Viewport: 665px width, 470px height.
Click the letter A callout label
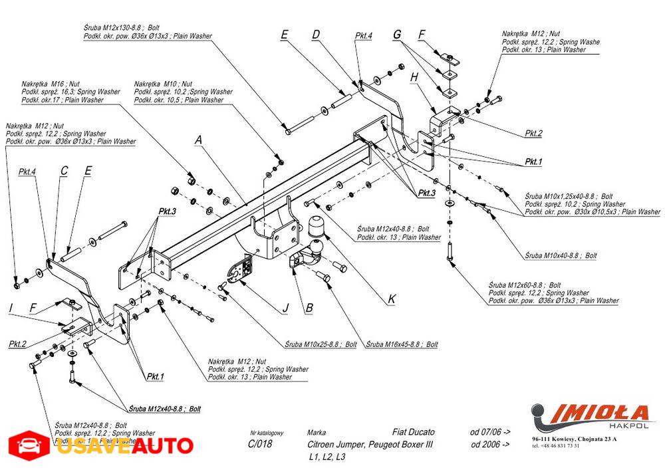click(x=198, y=140)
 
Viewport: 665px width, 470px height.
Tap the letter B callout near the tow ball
click(x=309, y=308)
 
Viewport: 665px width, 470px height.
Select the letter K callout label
click(x=391, y=300)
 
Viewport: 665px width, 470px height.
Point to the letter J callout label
click(x=285, y=308)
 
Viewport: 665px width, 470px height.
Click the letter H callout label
click(x=414, y=77)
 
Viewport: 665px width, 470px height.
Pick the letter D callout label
click(x=316, y=35)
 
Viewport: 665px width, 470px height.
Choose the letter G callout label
click(x=397, y=34)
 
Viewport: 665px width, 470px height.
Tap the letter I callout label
click(x=11, y=307)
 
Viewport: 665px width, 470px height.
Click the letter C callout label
click(x=64, y=171)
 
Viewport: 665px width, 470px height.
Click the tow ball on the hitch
click(x=316, y=227)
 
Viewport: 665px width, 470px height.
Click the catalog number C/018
click(x=259, y=444)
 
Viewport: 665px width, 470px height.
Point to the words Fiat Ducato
click(x=414, y=432)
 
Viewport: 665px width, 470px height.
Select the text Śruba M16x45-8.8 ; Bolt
click(x=402, y=344)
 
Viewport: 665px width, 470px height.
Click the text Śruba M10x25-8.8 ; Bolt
click(x=321, y=344)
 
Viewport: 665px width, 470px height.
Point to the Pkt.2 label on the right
click(x=533, y=134)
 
